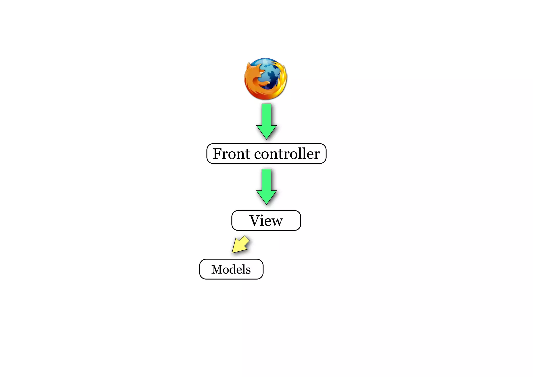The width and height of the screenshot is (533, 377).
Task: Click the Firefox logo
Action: [x=265, y=79]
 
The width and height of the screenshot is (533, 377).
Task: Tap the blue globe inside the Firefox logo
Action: [x=271, y=73]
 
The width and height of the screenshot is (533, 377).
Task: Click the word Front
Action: [x=232, y=154]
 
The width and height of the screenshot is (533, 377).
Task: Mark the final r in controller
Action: [x=317, y=155]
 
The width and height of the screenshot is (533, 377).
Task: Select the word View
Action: [x=266, y=221]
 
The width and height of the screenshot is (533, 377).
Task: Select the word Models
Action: [x=231, y=269]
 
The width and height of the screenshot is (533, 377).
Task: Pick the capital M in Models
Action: [x=217, y=269]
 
